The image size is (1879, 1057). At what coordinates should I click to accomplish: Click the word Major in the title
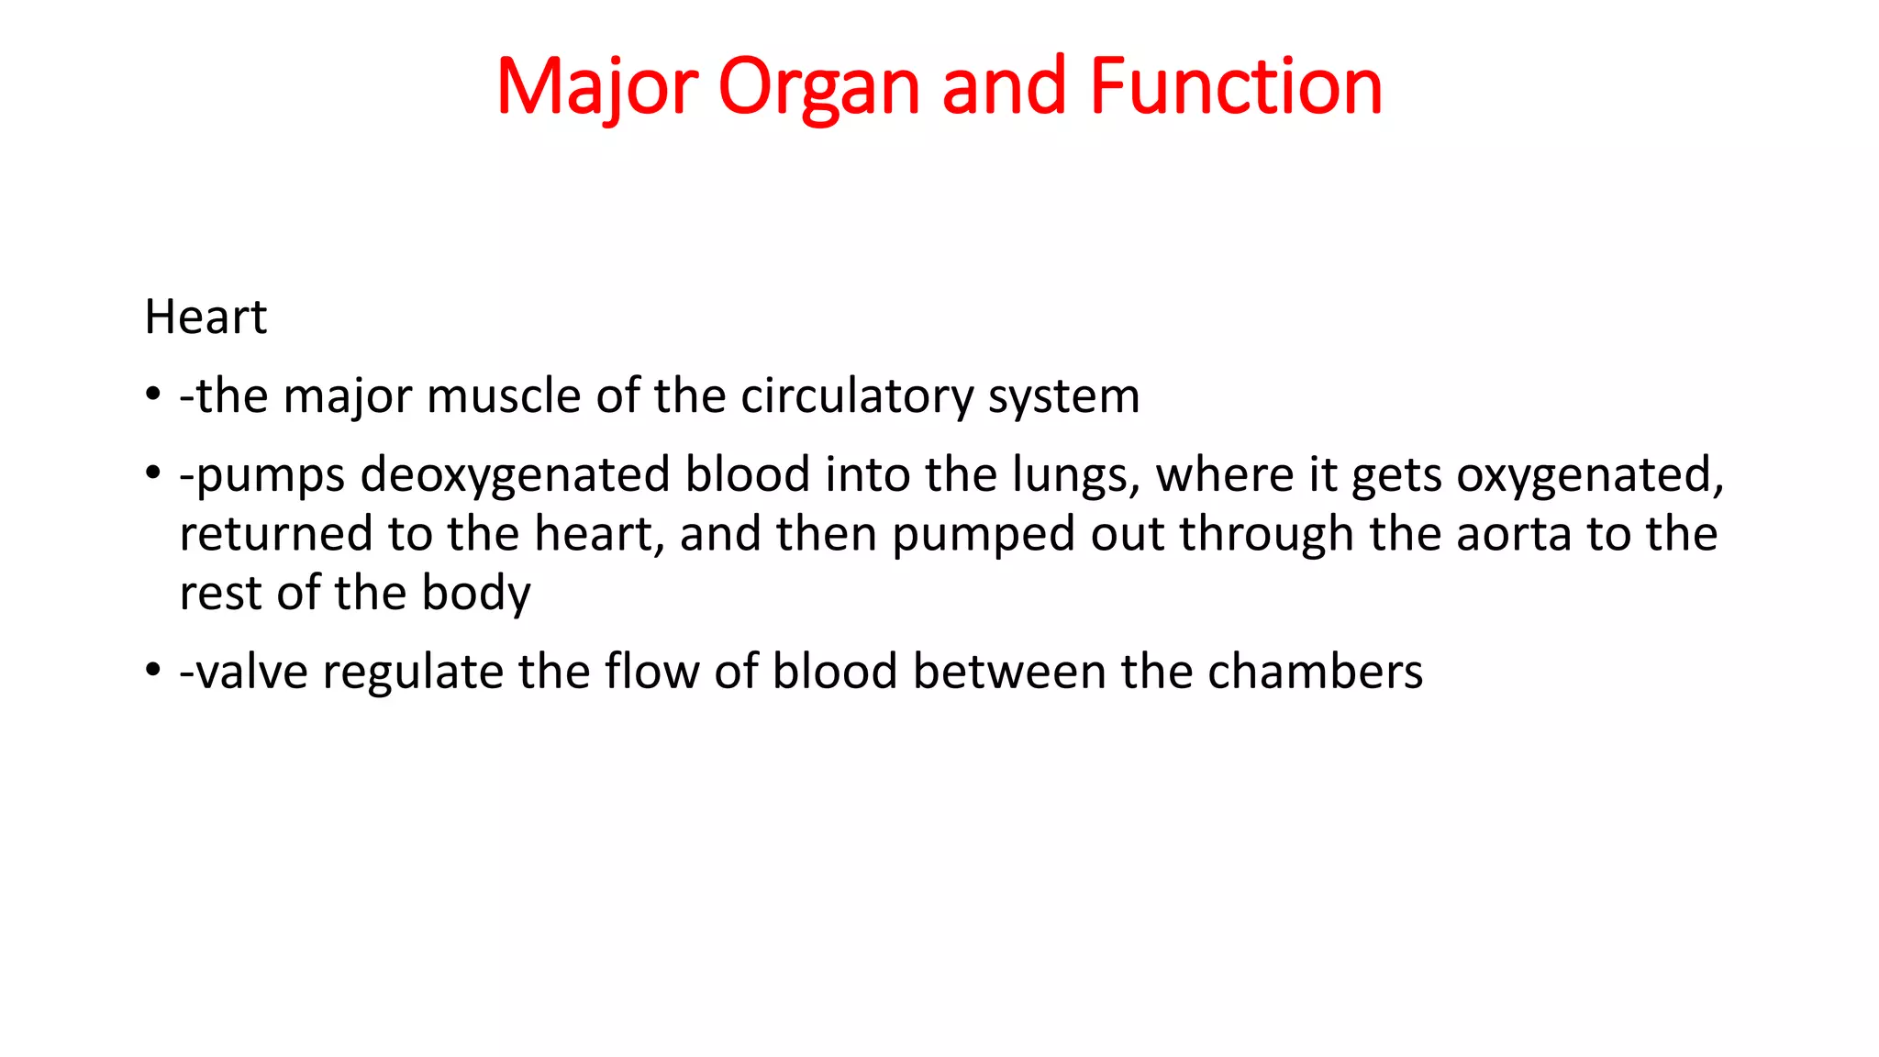[x=597, y=87]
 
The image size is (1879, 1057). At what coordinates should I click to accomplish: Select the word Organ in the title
[x=818, y=87]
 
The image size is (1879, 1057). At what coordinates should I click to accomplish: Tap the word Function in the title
[x=1236, y=87]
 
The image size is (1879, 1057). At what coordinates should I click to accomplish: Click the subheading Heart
[x=206, y=317]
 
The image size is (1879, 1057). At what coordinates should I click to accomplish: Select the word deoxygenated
[x=515, y=475]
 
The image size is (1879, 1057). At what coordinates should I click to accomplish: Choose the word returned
[x=275, y=534]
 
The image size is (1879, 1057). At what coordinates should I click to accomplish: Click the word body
[x=475, y=593]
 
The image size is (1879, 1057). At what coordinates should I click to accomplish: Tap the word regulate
[x=413, y=672]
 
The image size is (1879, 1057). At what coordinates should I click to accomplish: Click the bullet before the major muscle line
[x=153, y=396]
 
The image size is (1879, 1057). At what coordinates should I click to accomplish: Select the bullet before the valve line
[x=153, y=672]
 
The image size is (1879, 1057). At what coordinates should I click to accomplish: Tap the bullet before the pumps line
[x=153, y=475]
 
